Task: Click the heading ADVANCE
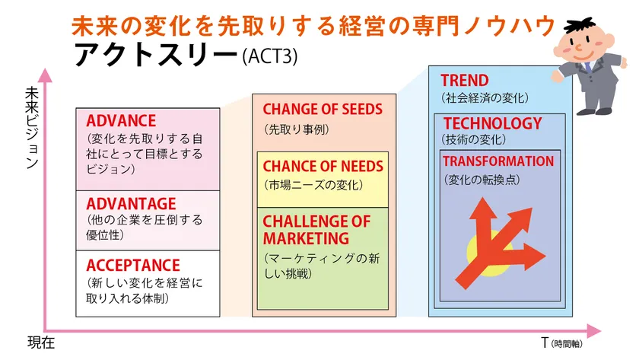pyautogui.click(x=121, y=121)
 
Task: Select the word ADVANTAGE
pyautogui.click(x=131, y=204)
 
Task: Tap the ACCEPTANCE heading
pyautogui.click(x=133, y=266)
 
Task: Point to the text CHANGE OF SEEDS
pyautogui.click(x=323, y=110)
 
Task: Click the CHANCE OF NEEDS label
pyautogui.click(x=323, y=167)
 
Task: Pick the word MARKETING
pyautogui.click(x=306, y=238)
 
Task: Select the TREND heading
pyautogui.click(x=465, y=81)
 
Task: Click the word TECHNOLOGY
pyautogui.click(x=493, y=123)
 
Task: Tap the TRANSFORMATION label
pyautogui.click(x=498, y=161)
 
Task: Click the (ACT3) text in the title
pyautogui.click(x=270, y=56)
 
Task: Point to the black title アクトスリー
pyautogui.click(x=156, y=54)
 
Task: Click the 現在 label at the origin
pyautogui.click(x=41, y=342)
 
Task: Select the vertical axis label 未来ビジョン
pyautogui.click(x=32, y=128)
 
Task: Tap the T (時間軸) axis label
pyautogui.click(x=561, y=343)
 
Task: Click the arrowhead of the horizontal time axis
pyautogui.click(x=594, y=330)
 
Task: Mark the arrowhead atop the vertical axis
pyautogui.click(x=45, y=75)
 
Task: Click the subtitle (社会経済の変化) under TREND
pyautogui.click(x=485, y=98)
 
